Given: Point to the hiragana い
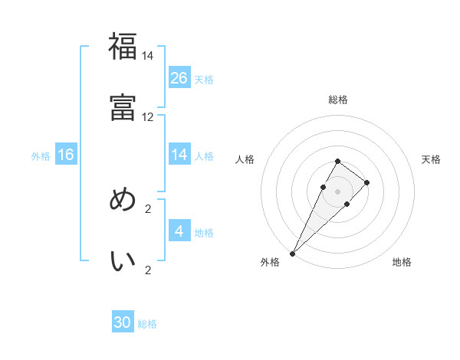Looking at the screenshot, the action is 123,261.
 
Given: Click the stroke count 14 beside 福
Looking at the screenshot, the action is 147,56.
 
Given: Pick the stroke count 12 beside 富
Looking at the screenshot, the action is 147,117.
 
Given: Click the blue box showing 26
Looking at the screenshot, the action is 179,77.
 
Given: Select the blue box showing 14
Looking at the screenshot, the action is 179,155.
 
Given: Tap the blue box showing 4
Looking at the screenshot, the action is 179,231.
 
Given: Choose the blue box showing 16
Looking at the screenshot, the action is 66,155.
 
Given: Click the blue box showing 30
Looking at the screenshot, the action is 123,322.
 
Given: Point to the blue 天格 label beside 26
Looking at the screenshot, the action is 203,79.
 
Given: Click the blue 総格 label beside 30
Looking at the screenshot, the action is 147,324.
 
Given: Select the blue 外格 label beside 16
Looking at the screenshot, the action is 41,155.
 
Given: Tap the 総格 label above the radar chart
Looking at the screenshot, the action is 337,100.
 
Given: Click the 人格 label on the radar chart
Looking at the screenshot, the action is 245,159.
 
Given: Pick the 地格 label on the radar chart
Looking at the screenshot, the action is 402,262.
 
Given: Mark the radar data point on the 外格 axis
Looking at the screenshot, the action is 292,254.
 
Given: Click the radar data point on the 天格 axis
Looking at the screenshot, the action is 367,182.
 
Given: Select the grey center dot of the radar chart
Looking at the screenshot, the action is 337,191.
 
